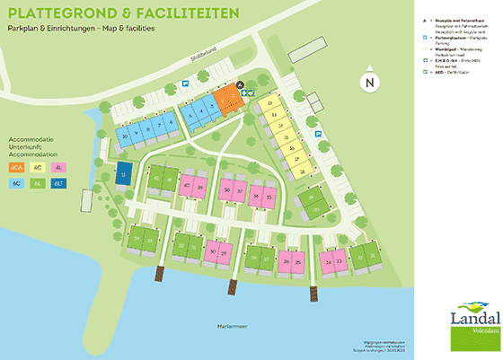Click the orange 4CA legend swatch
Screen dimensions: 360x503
pyautogui.click(x=16, y=168)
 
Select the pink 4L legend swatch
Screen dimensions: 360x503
pyautogui.click(x=59, y=168)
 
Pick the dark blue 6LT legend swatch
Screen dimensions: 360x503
pyautogui.click(x=59, y=183)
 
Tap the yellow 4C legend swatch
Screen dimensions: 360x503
pyautogui.click(x=38, y=168)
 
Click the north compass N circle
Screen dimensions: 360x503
pyautogui.click(x=367, y=83)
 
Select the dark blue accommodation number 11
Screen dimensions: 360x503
pyautogui.click(x=124, y=172)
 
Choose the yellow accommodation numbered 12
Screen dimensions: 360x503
pyautogui.click(x=272, y=104)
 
